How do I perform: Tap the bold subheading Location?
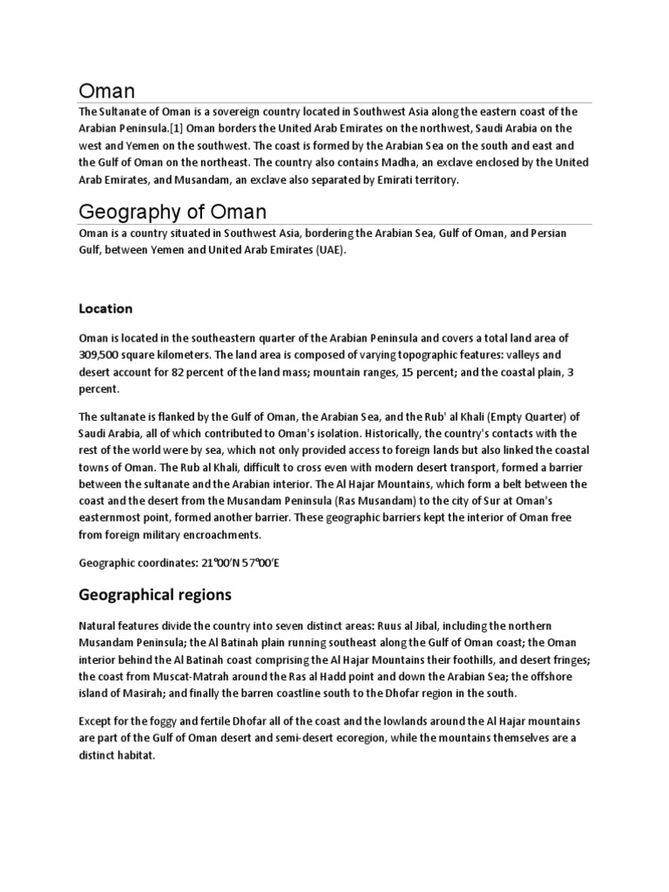tap(105, 308)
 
